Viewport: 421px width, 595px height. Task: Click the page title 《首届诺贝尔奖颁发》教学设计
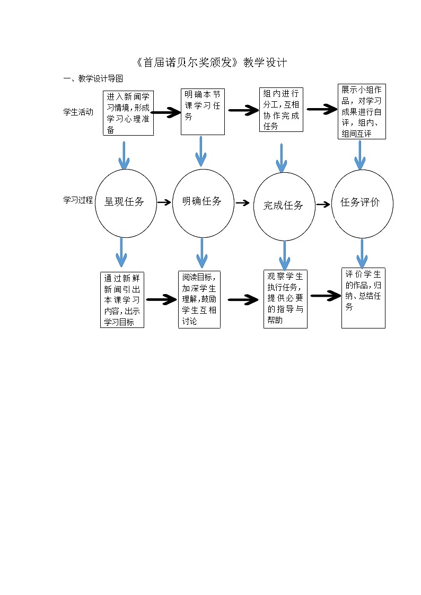(211, 63)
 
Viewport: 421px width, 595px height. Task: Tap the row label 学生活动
(78, 112)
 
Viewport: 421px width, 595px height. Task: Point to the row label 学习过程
(78, 200)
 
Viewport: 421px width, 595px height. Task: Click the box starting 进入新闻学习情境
(128, 113)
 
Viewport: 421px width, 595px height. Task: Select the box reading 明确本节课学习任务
(201, 111)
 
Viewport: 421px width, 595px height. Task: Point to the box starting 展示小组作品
(362, 111)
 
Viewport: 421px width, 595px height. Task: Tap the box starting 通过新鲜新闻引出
(122, 300)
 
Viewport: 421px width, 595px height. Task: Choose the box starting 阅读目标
(199, 299)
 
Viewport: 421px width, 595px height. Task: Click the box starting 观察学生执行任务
(285, 299)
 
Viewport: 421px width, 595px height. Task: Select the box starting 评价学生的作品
(363, 298)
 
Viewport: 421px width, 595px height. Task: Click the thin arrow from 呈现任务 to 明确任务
(164, 202)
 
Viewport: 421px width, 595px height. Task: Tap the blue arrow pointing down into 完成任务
(282, 158)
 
